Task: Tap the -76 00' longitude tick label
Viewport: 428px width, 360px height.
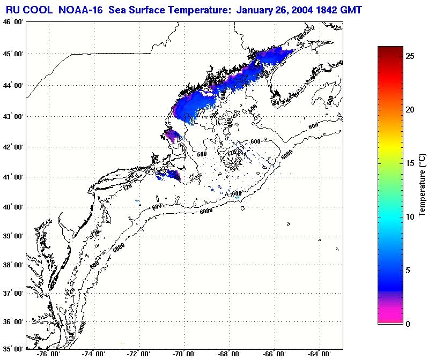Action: coord(49,354)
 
